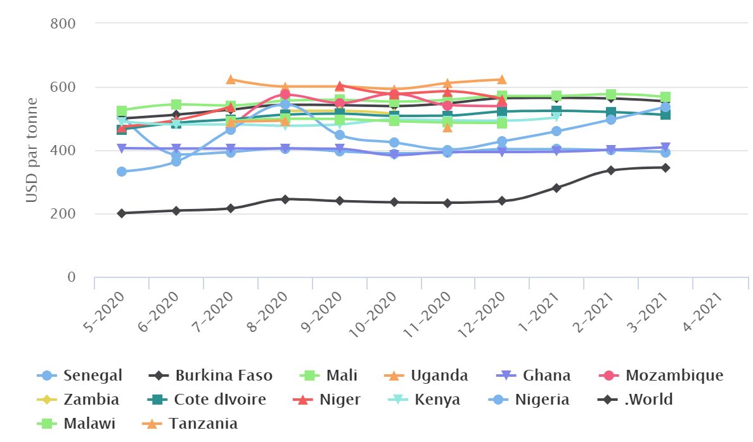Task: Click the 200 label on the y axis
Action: pyautogui.click(x=63, y=214)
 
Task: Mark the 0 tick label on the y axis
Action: pyautogui.click(x=71, y=277)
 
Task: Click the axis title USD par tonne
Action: pyautogui.click(x=32, y=151)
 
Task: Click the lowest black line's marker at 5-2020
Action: pyautogui.click(x=122, y=213)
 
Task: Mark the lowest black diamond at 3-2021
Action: pyautogui.click(x=666, y=168)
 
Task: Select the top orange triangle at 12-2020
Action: pyautogui.click(x=502, y=80)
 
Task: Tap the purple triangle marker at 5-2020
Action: pyautogui.click(x=122, y=148)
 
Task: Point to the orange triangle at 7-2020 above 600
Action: pyautogui.click(x=231, y=80)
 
